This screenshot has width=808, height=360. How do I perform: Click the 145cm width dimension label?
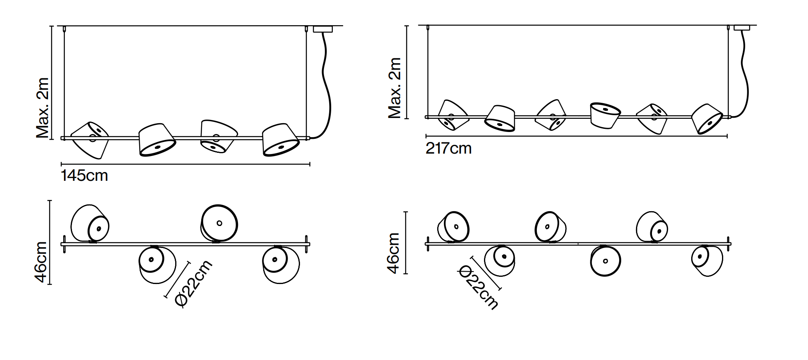(84, 176)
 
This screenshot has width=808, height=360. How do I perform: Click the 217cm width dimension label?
(448, 148)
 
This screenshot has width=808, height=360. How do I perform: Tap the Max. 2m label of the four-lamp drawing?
(42, 108)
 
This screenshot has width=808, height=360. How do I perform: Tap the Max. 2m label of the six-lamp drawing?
(394, 88)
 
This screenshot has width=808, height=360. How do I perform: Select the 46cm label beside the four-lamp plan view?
(42, 262)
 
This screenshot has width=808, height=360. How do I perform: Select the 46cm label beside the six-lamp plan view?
(394, 253)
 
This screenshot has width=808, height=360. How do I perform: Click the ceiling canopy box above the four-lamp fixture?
(323, 29)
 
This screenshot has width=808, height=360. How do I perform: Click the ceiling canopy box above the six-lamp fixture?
(742, 28)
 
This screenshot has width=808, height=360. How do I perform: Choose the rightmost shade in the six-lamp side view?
(707, 118)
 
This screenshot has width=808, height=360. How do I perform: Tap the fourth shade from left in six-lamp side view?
(605, 115)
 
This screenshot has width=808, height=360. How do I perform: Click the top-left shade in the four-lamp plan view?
(90, 224)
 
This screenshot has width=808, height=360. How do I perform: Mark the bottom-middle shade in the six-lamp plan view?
(605, 261)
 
